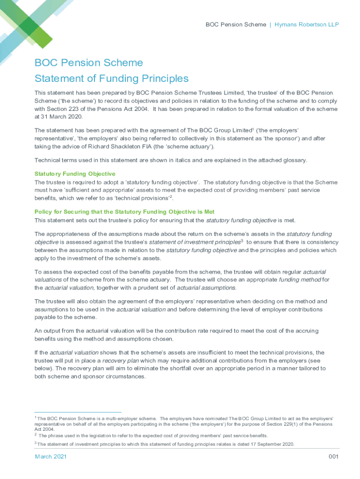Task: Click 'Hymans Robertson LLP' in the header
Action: [x=307, y=24]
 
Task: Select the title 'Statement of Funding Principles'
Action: [x=111, y=78]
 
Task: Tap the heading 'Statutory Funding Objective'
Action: [x=75, y=174]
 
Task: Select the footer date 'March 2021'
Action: [x=50, y=457]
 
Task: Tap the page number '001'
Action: [x=333, y=457]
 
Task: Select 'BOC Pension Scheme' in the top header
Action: [x=236, y=24]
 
